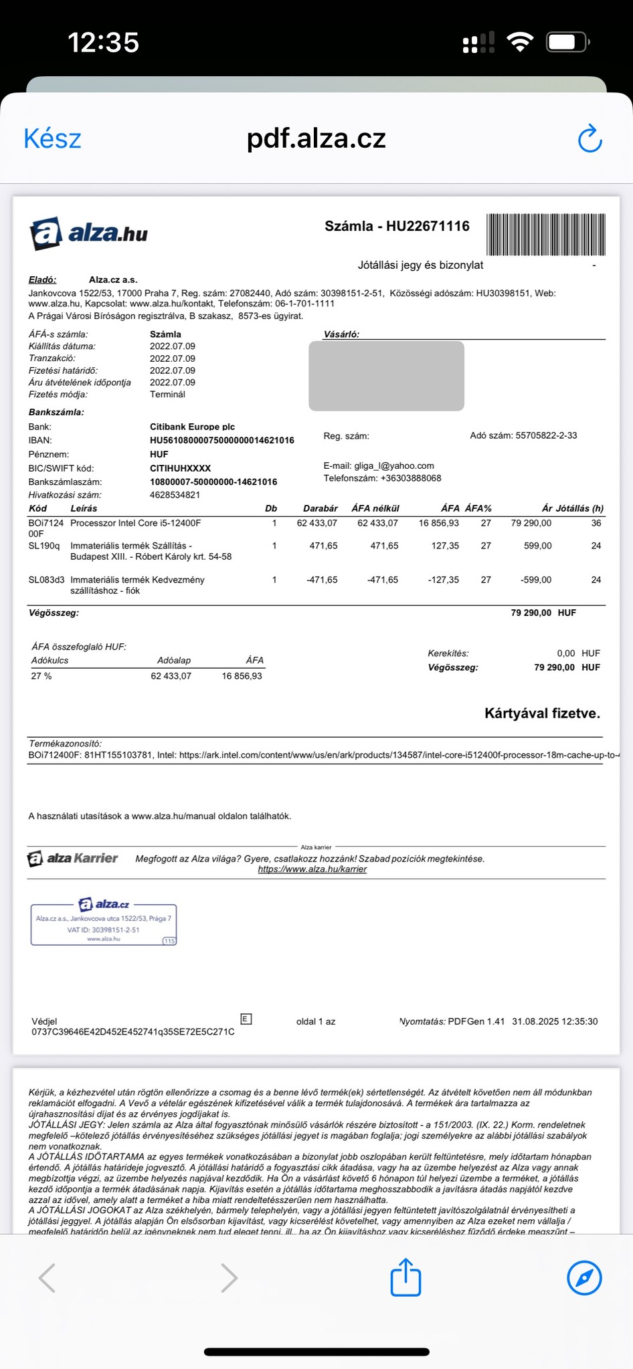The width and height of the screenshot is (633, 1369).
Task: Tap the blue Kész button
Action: (x=52, y=139)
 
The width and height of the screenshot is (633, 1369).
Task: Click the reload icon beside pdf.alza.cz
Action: (x=590, y=138)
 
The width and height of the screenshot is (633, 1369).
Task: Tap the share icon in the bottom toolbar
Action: (x=405, y=1278)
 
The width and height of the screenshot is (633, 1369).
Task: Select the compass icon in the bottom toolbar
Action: (x=583, y=1279)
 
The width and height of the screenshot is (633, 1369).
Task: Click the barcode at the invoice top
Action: (x=546, y=235)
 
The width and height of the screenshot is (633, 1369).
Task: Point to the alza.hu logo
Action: (x=88, y=233)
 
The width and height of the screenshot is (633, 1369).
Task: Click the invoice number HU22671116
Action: (x=428, y=226)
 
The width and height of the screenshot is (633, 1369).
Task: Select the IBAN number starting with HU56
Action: (x=221, y=441)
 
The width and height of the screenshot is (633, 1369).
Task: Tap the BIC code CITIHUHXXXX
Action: (x=180, y=468)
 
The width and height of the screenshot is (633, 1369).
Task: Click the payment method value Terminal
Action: (x=167, y=395)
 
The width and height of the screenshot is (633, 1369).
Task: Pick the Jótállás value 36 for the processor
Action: (x=596, y=523)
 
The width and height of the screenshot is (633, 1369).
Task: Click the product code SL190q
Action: (x=44, y=546)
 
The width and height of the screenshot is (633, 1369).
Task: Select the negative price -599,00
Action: (x=535, y=580)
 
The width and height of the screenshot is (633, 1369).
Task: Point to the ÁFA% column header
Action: (x=478, y=508)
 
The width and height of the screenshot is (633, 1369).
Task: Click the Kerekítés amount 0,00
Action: (x=565, y=653)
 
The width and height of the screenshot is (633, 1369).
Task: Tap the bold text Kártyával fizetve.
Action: (x=542, y=714)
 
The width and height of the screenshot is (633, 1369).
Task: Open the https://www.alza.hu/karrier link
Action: (x=312, y=869)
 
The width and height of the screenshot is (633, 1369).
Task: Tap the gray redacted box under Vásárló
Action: (x=386, y=376)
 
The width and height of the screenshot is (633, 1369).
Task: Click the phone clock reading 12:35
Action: (x=104, y=43)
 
